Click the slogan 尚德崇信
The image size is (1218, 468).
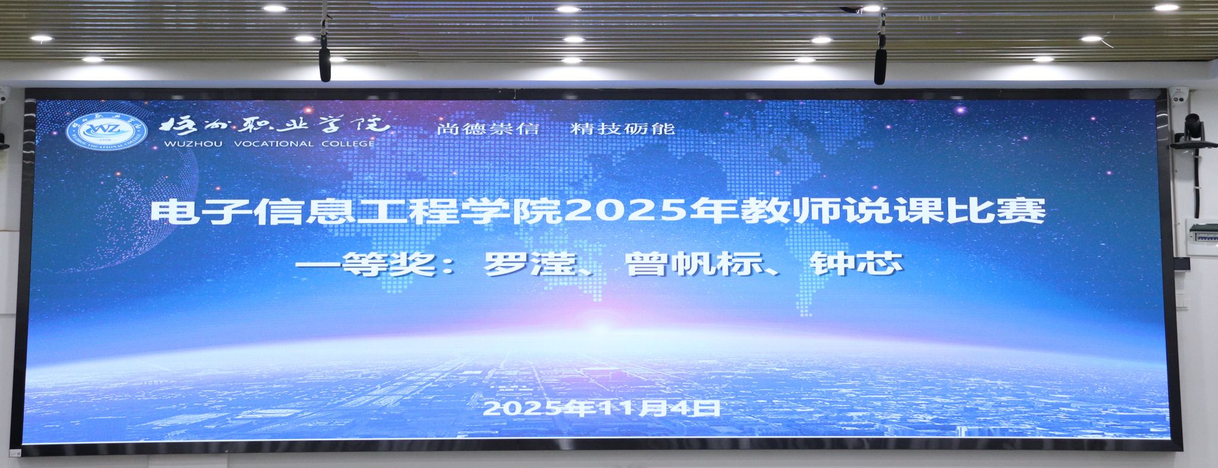click(x=487, y=129)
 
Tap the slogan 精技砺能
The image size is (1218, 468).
click(x=623, y=129)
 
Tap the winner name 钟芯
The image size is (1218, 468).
click(x=857, y=264)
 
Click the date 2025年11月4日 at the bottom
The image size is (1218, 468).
click(x=602, y=409)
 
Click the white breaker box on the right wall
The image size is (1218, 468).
click(x=1201, y=238)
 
